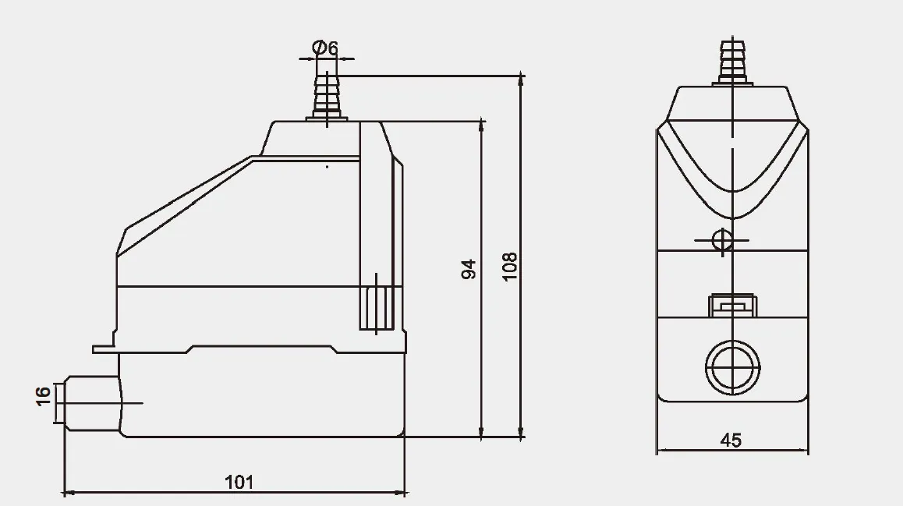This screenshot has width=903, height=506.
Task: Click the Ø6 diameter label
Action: click(x=325, y=48)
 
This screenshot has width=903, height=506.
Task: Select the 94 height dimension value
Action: click(x=468, y=270)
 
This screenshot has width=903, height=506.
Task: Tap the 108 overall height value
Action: click(x=509, y=267)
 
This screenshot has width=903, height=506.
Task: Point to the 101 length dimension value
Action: click(x=239, y=482)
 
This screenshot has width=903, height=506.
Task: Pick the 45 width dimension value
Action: click(x=731, y=441)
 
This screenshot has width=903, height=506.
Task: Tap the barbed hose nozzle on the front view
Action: click(x=731, y=61)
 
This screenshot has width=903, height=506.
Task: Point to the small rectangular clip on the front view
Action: click(x=731, y=305)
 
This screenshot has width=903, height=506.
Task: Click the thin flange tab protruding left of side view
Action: click(x=104, y=349)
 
